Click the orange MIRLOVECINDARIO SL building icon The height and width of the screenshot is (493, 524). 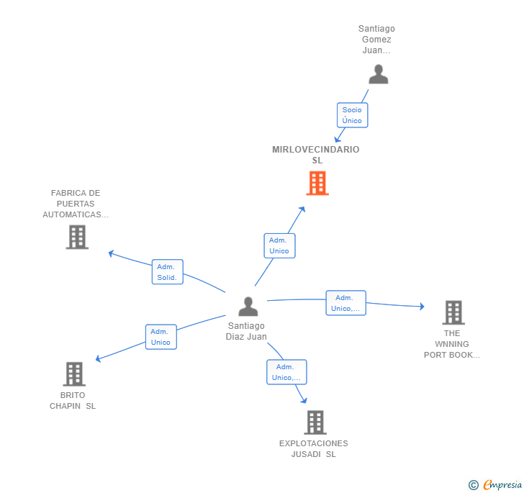click(317, 184)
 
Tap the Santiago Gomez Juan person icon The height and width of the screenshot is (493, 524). click(378, 74)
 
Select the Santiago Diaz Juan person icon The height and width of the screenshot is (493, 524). click(248, 307)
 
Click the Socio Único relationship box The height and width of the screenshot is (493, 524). click(352, 115)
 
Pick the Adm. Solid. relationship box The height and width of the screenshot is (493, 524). click(167, 272)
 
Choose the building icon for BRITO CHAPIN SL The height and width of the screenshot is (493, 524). click(74, 374)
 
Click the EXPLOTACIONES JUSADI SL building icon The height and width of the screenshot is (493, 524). click(315, 422)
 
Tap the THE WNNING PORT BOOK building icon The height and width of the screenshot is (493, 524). click(453, 312)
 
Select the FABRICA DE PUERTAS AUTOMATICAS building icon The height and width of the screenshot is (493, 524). click(77, 237)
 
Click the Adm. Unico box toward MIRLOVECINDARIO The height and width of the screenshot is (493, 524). click(279, 245)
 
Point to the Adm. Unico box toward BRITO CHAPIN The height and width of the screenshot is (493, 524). click(161, 337)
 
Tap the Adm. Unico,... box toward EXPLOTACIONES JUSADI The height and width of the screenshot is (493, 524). click(286, 372)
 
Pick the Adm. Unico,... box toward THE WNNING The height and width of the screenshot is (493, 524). click(345, 303)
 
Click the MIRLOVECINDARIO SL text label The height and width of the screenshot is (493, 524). click(316, 155)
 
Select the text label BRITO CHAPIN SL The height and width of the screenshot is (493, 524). click(73, 401)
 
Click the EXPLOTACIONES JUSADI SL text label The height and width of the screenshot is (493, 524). click(314, 449)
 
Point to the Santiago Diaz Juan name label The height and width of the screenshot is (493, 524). click(246, 331)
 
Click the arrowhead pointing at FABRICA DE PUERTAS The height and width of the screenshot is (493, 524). click(110, 253)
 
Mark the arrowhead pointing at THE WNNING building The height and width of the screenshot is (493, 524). click(422, 307)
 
